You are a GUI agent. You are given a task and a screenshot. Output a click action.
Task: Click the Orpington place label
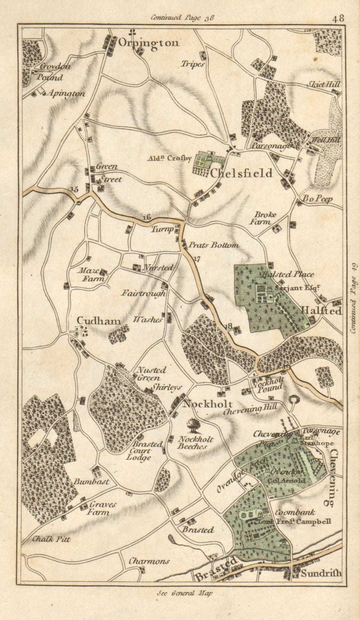(x=149, y=43)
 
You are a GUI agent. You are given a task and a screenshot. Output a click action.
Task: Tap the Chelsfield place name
(x=241, y=173)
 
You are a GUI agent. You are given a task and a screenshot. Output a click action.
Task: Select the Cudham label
(x=98, y=320)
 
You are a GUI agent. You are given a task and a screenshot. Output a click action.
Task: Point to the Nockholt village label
(x=208, y=404)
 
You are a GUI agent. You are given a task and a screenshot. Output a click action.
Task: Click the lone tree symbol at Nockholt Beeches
(x=192, y=425)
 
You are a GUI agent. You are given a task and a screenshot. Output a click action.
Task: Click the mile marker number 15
(x=74, y=189)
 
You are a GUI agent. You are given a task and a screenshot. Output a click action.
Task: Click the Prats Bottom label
(x=214, y=245)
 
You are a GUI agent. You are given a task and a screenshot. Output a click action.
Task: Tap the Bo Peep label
(x=318, y=199)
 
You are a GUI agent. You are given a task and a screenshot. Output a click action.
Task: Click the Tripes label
(x=192, y=64)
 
